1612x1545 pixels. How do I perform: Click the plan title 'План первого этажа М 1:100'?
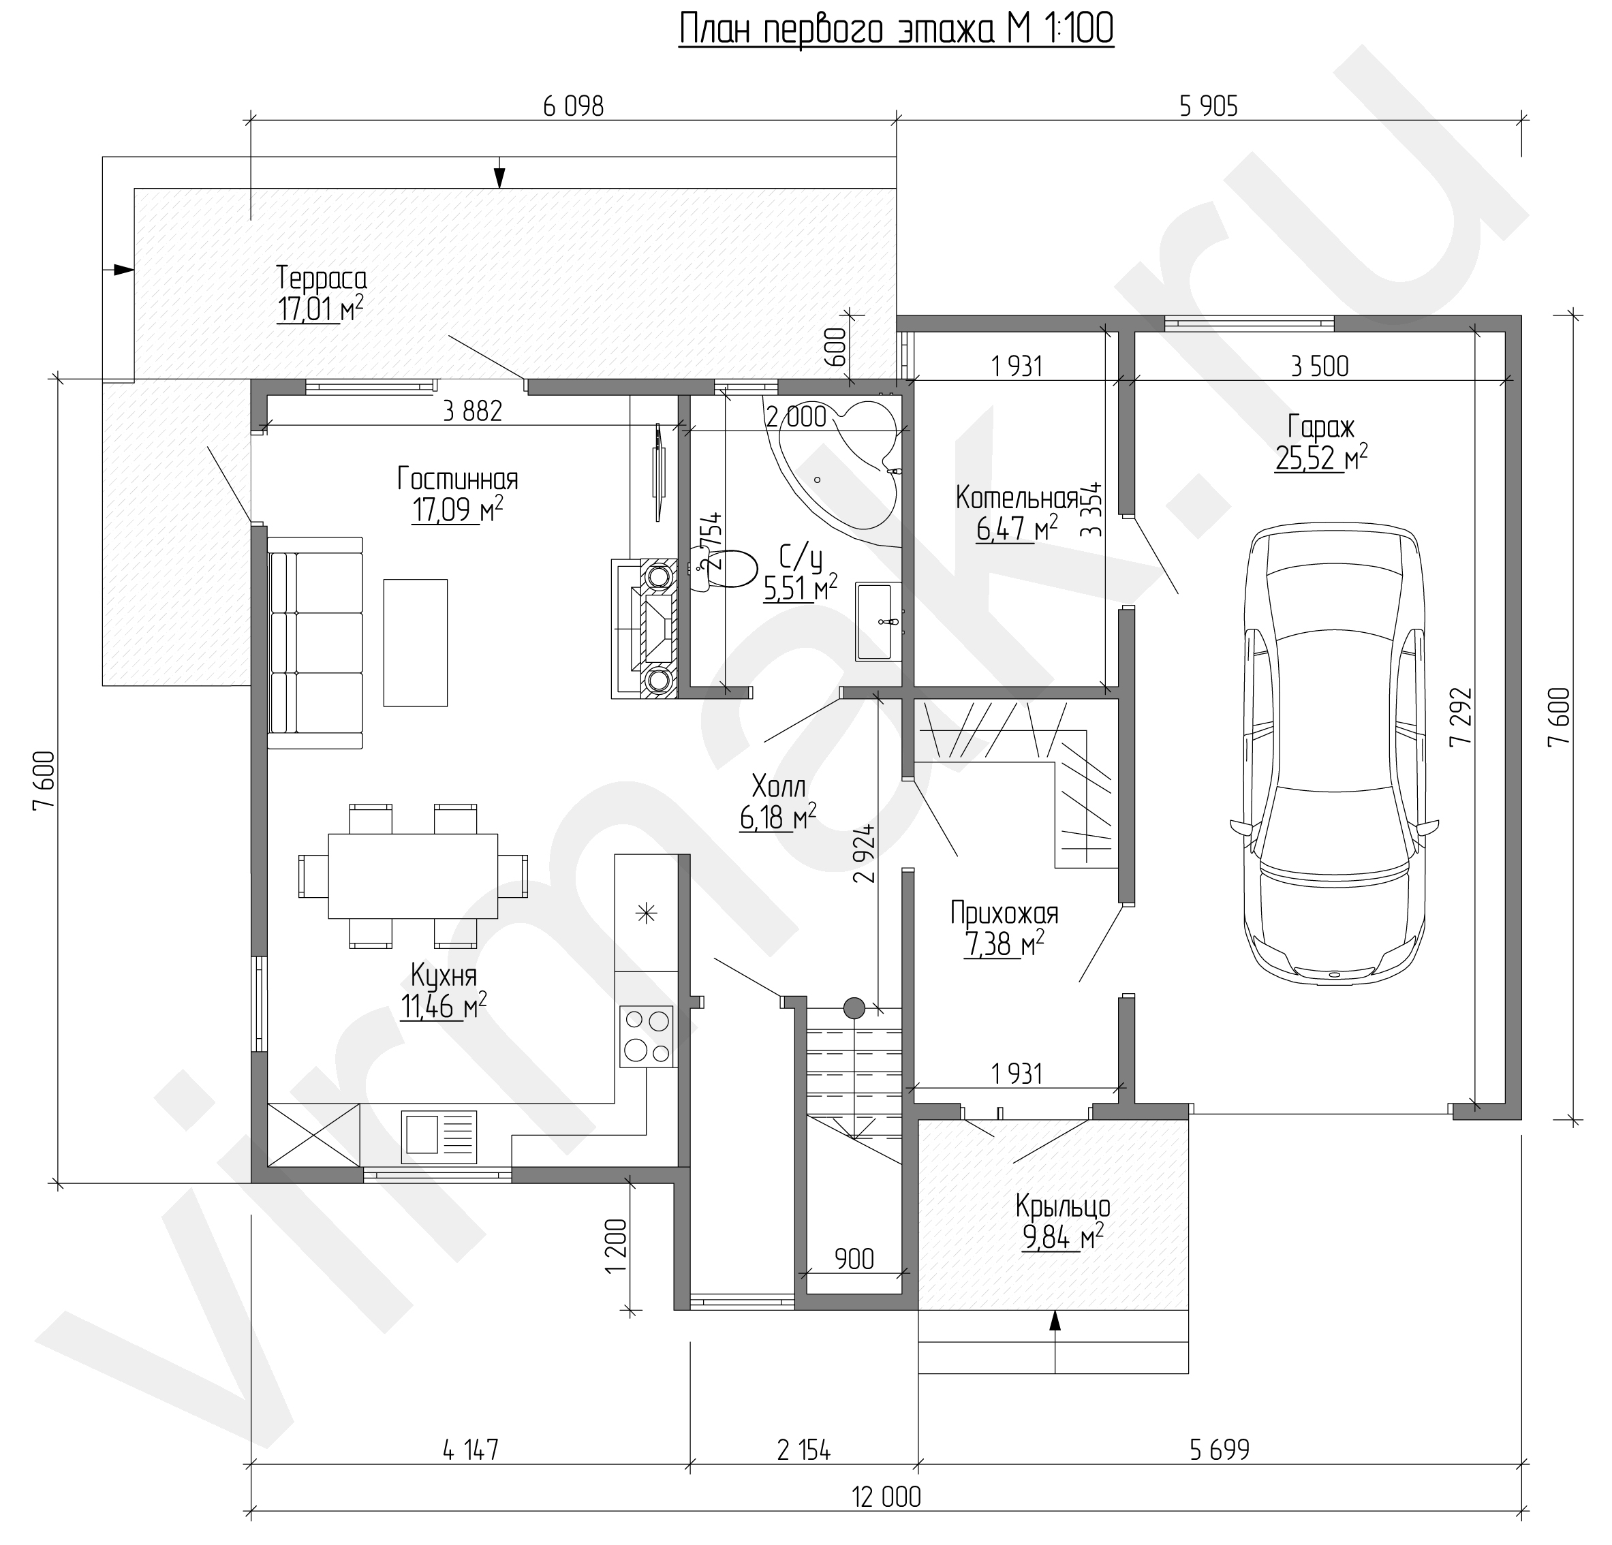[896, 29]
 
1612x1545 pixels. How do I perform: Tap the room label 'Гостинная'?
[457, 478]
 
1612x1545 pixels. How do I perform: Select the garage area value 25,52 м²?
[1322, 458]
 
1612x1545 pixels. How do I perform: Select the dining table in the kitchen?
[413, 877]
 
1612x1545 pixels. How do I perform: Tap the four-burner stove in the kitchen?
[647, 1036]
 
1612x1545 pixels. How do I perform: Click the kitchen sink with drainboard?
[438, 1136]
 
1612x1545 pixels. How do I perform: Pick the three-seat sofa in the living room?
[315, 643]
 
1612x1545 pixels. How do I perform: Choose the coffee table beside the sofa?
[416, 642]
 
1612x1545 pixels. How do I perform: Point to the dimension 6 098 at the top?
[573, 106]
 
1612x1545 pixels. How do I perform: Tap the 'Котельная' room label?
[1017, 498]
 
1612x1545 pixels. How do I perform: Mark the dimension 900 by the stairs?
[854, 1258]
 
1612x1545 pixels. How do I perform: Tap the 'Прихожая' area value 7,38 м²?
[1004, 945]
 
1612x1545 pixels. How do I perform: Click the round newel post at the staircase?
[854, 1008]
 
